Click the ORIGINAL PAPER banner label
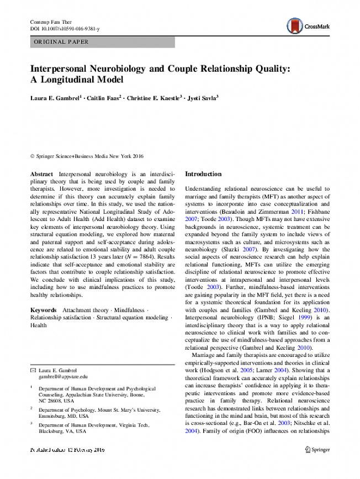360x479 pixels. tap(61, 42)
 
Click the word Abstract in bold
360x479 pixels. tap(41, 173)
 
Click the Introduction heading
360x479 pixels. tap(203, 174)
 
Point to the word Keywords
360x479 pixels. tap(44, 310)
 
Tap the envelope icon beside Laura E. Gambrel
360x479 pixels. tap(33, 370)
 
